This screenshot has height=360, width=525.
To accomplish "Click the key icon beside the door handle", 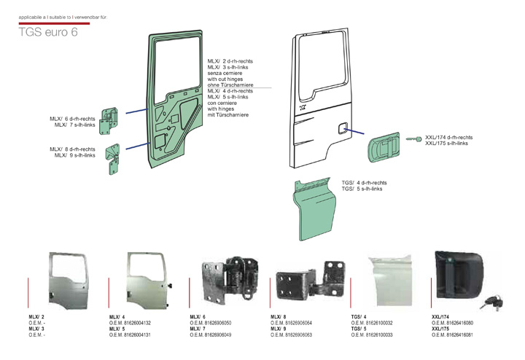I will [413, 139].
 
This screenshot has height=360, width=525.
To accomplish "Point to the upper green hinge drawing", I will [109, 120].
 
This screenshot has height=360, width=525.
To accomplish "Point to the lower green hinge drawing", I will [113, 158].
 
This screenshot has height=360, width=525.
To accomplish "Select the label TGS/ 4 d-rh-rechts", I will [364, 182].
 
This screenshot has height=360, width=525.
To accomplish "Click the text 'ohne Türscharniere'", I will [230, 85].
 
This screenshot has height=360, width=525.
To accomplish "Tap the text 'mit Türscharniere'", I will [228, 115].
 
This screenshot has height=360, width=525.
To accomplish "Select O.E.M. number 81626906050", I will [211, 323].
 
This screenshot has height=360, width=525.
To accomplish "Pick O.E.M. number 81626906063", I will [292, 334].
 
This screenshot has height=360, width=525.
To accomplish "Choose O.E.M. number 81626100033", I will [372, 334].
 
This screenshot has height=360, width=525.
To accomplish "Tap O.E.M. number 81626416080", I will [453, 323].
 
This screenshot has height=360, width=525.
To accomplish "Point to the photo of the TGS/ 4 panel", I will [387, 280].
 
